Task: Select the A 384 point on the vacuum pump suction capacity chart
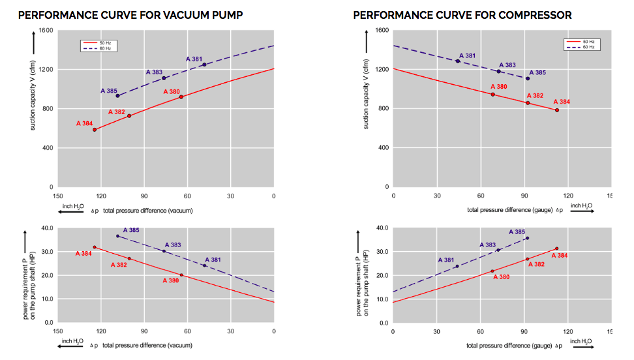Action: [95, 130]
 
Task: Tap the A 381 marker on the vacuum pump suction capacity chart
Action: [204, 65]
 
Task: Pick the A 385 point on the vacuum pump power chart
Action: [117, 236]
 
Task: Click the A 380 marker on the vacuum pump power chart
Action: [181, 275]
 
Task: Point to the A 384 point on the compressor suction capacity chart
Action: [557, 110]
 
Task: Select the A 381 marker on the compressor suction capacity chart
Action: [458, 61]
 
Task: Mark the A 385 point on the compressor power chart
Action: [527, 238]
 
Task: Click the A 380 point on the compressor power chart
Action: [492, 271]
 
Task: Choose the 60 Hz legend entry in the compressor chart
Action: [581, 47]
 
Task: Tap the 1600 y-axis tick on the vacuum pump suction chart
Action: [46, 31]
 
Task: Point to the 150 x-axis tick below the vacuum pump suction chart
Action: [58, 196]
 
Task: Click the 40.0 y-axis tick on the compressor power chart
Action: [380, 228]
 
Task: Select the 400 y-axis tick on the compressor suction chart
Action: [382, 148]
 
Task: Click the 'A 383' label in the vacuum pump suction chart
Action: [155, 72]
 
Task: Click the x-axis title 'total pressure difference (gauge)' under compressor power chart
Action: [509, 345]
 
